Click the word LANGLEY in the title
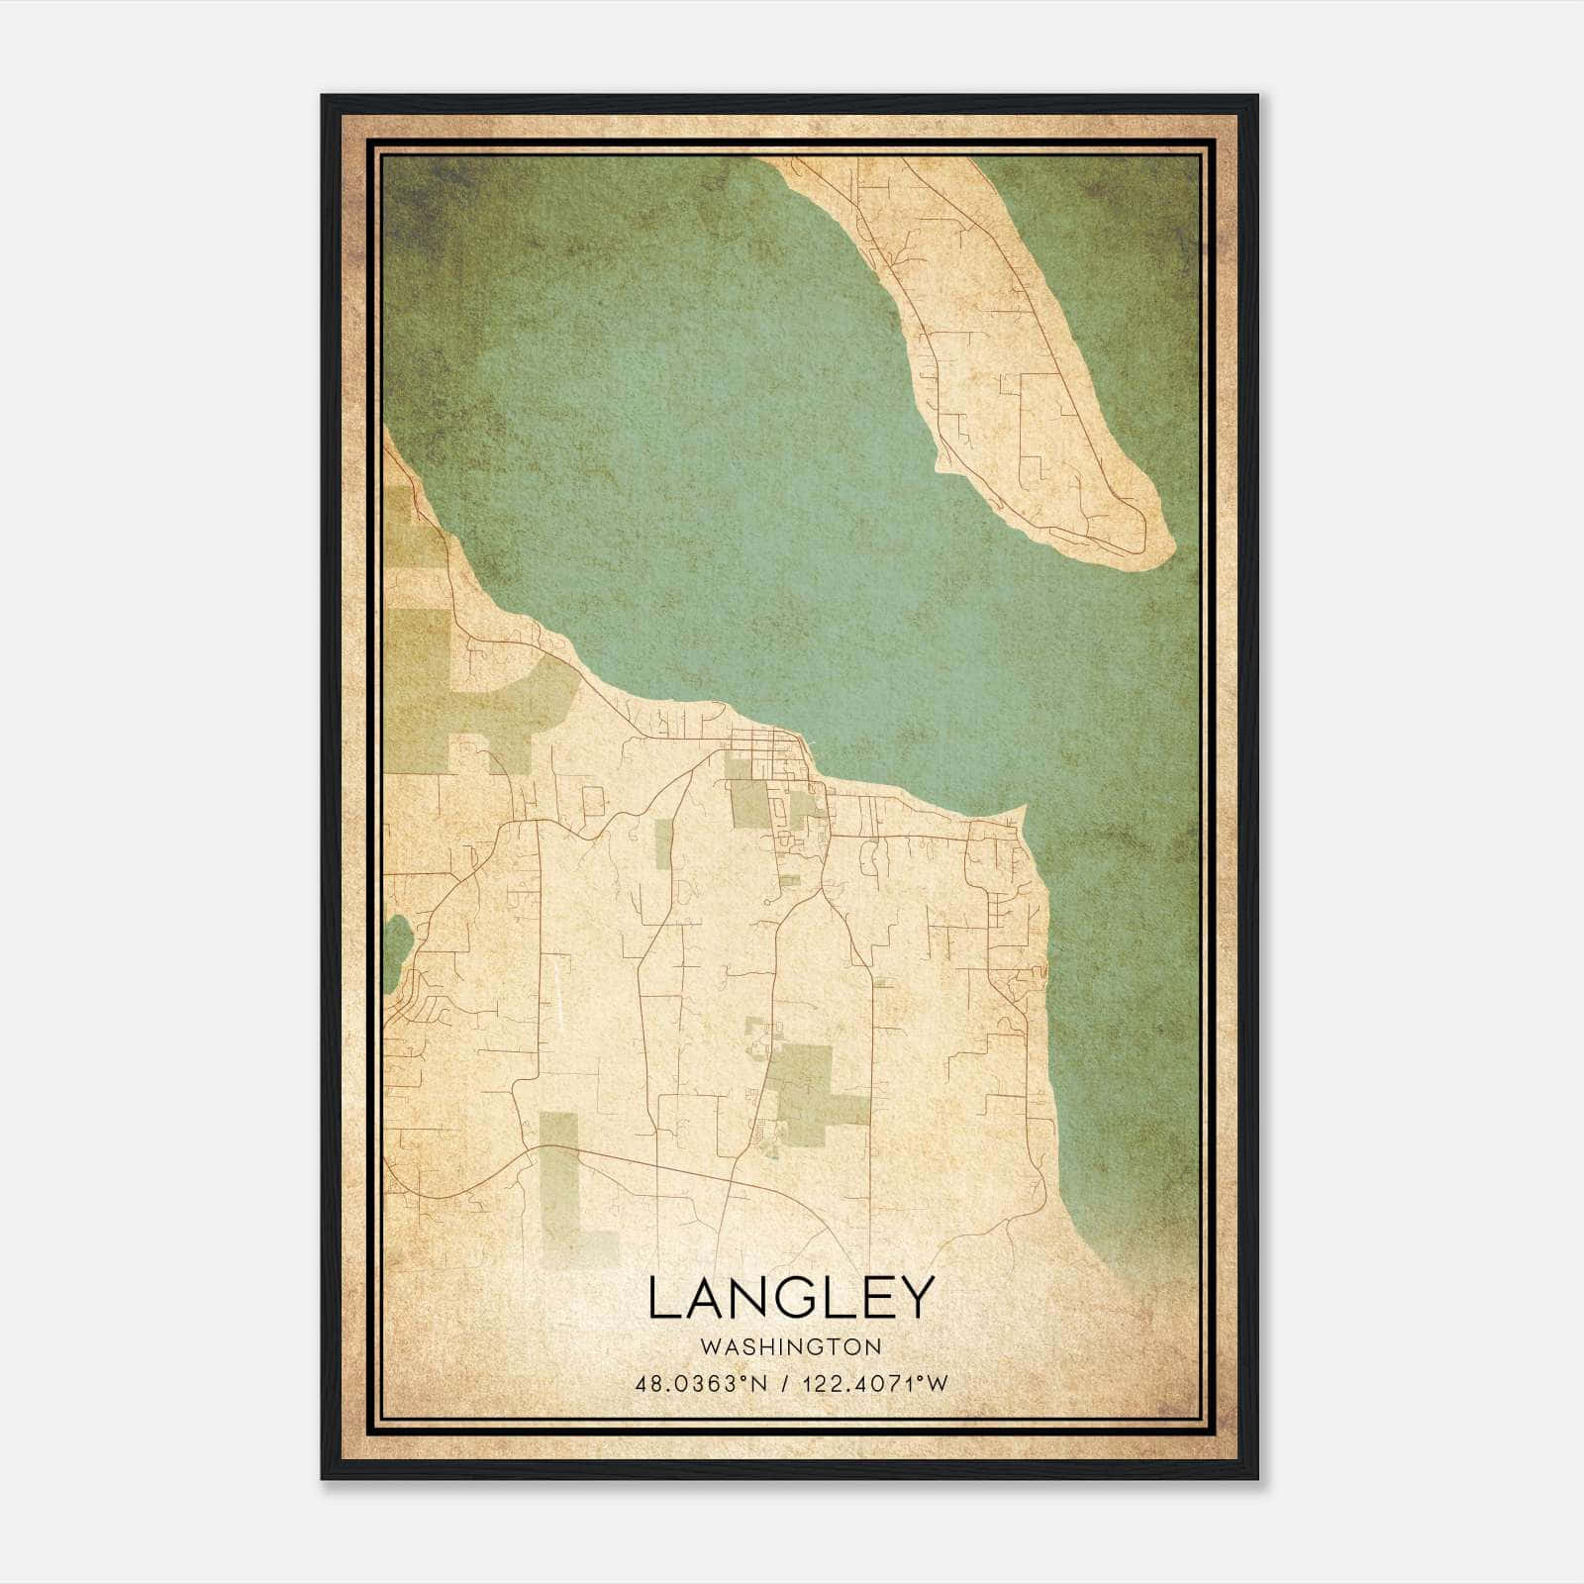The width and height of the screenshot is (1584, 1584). [x=791, y=1298]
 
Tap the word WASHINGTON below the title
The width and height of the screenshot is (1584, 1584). [x=791, y=1346]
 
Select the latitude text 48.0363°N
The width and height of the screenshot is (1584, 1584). [x=702, y=1383]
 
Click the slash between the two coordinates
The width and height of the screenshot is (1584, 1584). [x=785, y=1383]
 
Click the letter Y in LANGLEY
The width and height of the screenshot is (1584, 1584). [x=916, y=1298]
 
